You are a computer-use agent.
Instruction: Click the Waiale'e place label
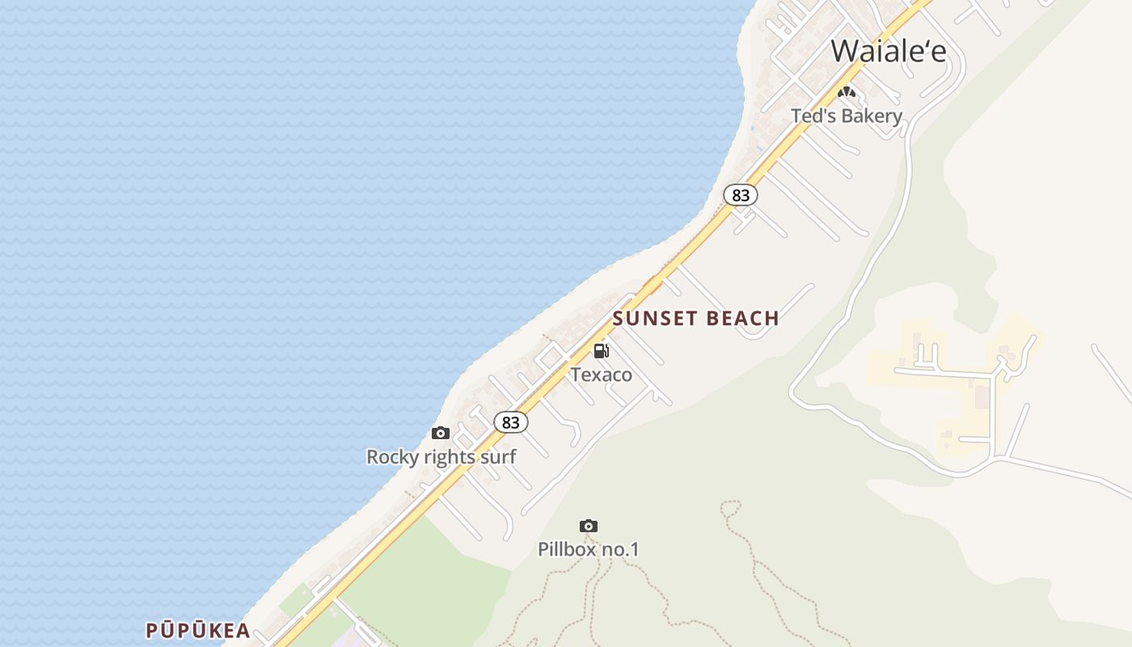click(x=888, y=51)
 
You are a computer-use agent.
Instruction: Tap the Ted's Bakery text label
click(x=846, y=116)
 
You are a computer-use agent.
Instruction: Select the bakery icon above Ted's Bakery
click(x=846, y=92)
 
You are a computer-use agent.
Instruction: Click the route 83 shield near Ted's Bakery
click(x=741, y=195)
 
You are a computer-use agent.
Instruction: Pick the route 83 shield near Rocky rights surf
click(x=510, y=422)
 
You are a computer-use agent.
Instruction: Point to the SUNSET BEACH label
click(x=695, y=318)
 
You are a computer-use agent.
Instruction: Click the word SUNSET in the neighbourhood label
click(x=655, y=318)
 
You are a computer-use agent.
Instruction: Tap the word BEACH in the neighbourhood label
click(x=742, y=318)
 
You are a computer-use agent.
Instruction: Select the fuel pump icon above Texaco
click(x=601, y=351)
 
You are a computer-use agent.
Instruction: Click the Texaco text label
click(x=601, y=374)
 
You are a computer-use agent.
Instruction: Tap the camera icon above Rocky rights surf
click(x=441, y=433)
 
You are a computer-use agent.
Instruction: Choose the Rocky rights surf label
click(x=441, y=457)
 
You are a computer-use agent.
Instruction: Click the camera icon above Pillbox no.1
click(x=589, y=526)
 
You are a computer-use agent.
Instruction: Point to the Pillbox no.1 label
click(x=589, y=550)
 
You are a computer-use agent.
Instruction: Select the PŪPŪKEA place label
click(x=197, y=631)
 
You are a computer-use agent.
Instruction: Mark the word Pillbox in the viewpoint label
click(x=567, y=550)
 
